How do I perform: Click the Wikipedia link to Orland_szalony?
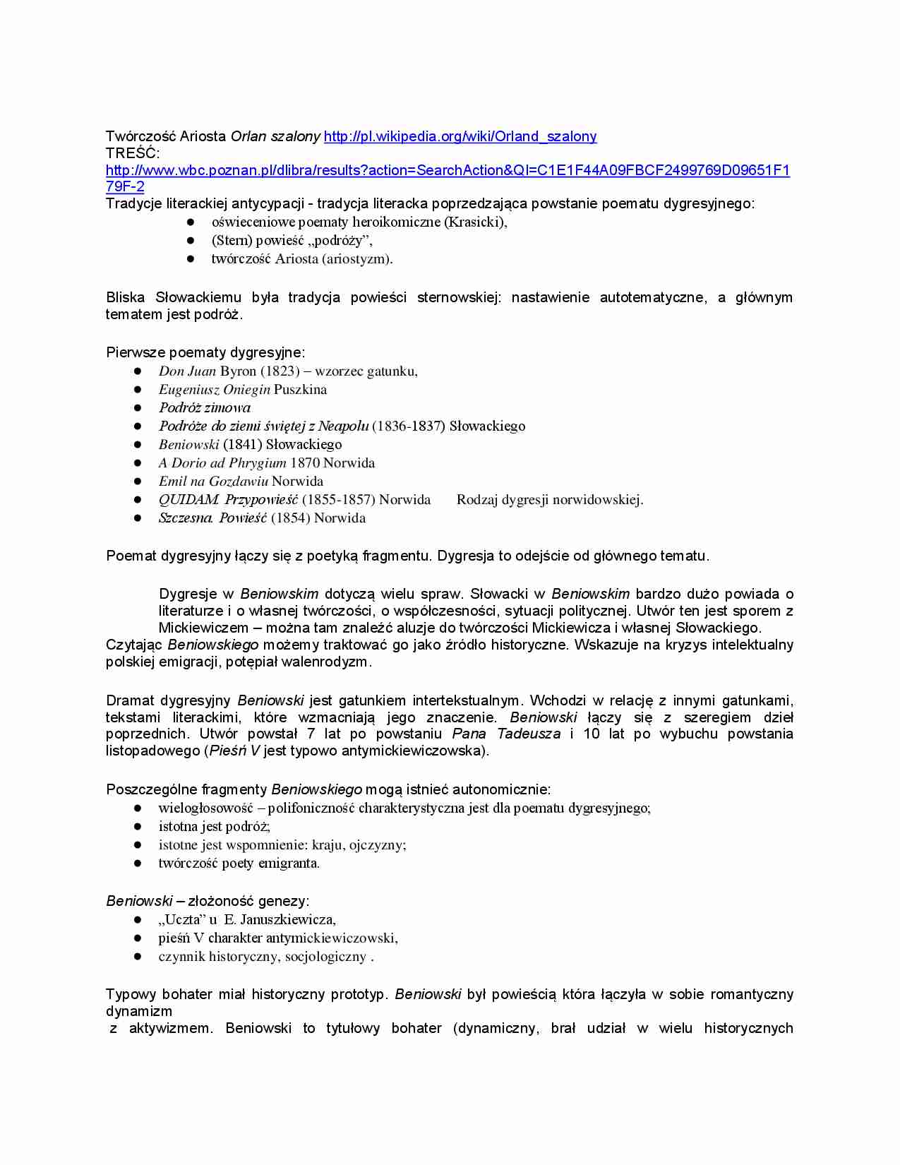click(460, 136)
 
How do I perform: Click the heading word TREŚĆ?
click(133, 153)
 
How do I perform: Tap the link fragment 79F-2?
click(125, 186)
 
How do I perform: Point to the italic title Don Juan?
click(187, 371)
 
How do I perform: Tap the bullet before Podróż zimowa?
click(138, 407)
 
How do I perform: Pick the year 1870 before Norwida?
click(305, 462)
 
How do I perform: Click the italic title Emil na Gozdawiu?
click(213, 481)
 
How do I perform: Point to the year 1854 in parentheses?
click(290, 518)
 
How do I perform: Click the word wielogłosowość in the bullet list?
click(205, 808)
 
